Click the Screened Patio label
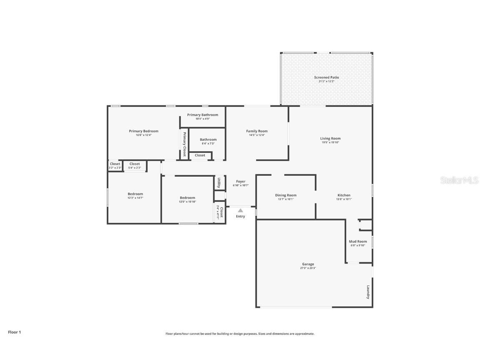click(x=326, y=77)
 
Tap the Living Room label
click(x=330, y=139)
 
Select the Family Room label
click(x=257, y=131)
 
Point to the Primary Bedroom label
click(x=143, y=131)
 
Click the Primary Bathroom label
click(x=202, y=115)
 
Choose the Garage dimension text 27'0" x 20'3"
click(x=308, y=268)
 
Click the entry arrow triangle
click(x=240, y=210)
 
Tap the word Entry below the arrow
click(x=240, y=216)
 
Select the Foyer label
click(x=240, y=182)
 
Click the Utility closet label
click(x=219, y=182)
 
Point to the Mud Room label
click(x=357, y=242)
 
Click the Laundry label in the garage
click(x=368, y=292)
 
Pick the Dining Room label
click(x=285, y=195)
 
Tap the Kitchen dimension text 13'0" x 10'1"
click(x=344, y=199)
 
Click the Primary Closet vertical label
click(x=184, y=144)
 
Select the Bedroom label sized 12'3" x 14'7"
click(x=135, y=194)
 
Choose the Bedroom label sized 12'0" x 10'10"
click(x=187, y=198)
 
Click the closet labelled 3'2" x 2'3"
click(x=115, y=164)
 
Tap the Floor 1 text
click(x=14, y=332)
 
